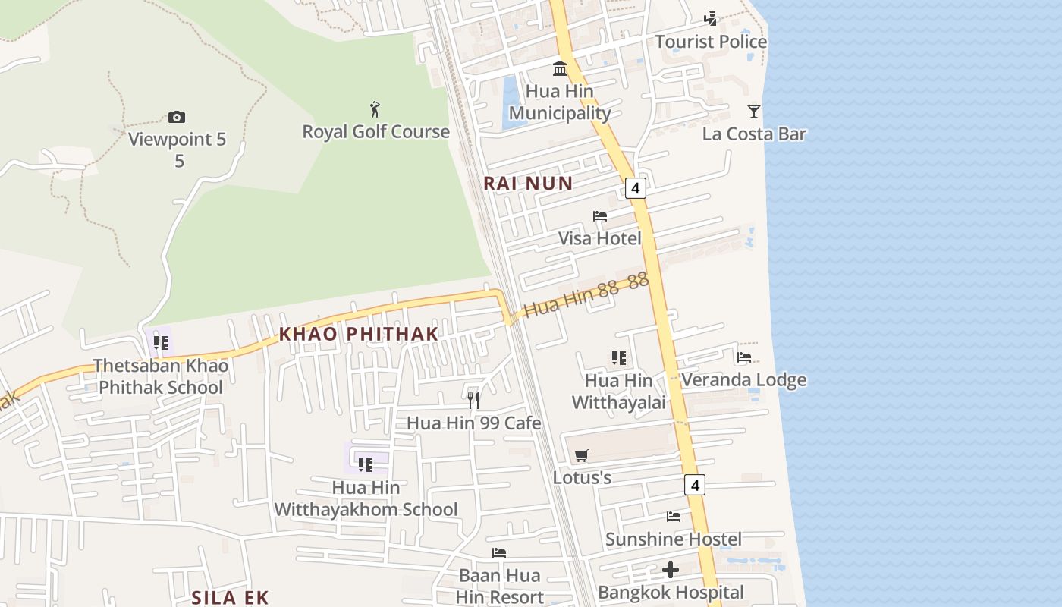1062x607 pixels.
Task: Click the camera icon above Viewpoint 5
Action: (x=177, y=117)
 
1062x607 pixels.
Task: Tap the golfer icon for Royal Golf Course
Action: (x=375, y=109)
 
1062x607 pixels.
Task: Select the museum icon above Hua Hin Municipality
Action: (x=560, y=68)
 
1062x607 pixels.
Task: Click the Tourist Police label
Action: (x=711, y=42)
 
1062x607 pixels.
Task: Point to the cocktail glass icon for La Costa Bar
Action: (x=753, y=112)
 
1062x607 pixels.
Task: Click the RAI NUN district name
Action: (x=528, y=183)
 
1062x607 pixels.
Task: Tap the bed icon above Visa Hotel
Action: (x=600, y=216)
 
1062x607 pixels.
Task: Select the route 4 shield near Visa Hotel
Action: (x=636, y=187)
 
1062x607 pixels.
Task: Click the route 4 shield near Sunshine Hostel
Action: (x=695, y=484)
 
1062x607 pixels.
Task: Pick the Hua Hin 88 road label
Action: (x=586, y=295)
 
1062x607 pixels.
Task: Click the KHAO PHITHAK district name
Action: (x=359, y=334)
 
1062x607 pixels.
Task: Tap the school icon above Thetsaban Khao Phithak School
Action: (x=161, y=343)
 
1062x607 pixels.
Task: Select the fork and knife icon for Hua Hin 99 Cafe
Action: (x=474, y=400)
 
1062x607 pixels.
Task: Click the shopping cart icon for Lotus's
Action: (x=582, y=455)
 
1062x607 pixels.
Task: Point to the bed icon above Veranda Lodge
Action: (x=744, y=357)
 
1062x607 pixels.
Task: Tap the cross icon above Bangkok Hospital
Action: (x=671, y=569)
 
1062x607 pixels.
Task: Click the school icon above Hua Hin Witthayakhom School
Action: (x=366, y=464)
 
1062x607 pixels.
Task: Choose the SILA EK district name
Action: (x=230, y=597)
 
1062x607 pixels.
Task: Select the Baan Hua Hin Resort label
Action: (x=500, y=586)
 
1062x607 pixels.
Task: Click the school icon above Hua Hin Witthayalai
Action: (x=619, y=357)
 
